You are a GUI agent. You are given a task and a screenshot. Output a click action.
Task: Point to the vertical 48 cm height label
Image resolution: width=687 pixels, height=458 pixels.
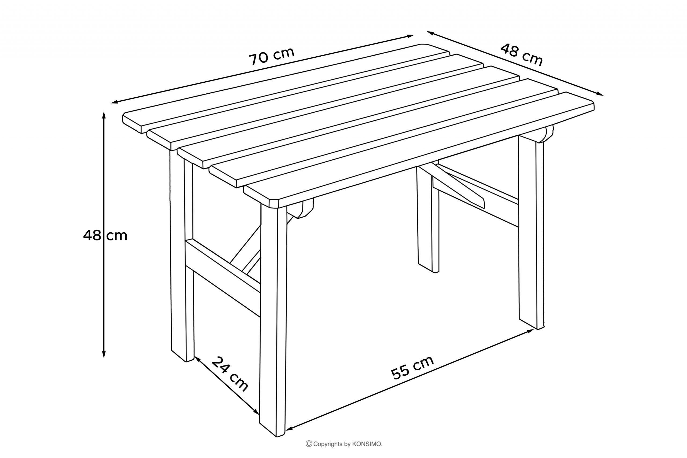click(x=105, y=235)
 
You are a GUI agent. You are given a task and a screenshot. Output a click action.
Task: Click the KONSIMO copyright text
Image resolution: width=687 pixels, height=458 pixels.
click(x=344, y=444)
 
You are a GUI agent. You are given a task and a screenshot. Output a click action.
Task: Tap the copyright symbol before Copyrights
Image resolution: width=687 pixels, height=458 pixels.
click(x=309, y=444)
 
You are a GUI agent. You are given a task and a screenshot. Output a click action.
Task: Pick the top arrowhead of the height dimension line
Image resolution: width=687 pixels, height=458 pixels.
click(x=104, y=115)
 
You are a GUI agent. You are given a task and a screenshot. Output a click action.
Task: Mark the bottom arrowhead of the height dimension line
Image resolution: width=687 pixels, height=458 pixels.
click(x=104, y=354)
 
